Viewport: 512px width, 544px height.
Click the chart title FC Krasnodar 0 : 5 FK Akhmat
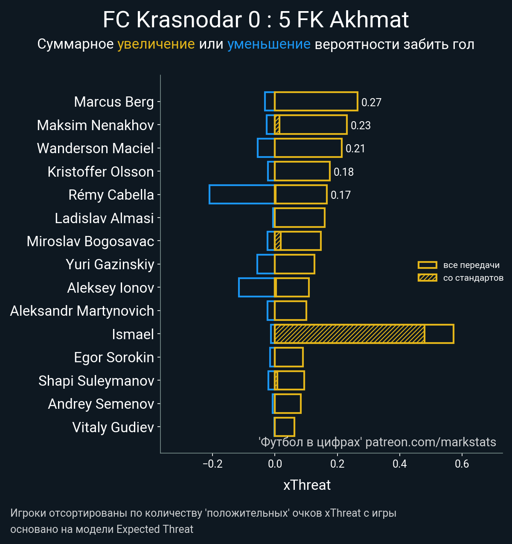[x=256, y=20]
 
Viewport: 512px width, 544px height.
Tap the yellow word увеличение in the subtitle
[x=156, y=44]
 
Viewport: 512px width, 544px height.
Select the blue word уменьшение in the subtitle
[x=269, y=44]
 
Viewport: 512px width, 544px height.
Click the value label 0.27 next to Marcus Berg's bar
[x=371, y=102]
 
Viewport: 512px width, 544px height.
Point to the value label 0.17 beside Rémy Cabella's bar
[x=340, y=195]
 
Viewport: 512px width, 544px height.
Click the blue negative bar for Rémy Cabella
[x=241, y=194]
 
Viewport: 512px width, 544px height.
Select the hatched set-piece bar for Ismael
[x=349, y=334]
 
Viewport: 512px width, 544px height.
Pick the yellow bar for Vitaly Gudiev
[x=284, y=427]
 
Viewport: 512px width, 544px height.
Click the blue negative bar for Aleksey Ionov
[x=256, y=287]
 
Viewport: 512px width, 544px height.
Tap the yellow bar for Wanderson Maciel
[x=308, y=148]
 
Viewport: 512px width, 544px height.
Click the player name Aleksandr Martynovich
[x=82, y=311]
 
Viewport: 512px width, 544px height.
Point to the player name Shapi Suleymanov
[x=96, y=381]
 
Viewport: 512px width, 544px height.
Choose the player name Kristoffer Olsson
[x=101, y=172]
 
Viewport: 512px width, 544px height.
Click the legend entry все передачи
[x=471, y=265]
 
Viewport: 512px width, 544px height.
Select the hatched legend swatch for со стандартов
[x=427, y=278]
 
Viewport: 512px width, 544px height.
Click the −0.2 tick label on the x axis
[x=212, y=464]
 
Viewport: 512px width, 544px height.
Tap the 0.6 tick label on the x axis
[x=462, y=464]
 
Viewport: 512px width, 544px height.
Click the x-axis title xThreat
[x=307, y=485]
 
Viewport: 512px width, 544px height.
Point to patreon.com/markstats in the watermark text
[x=431, y=442]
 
